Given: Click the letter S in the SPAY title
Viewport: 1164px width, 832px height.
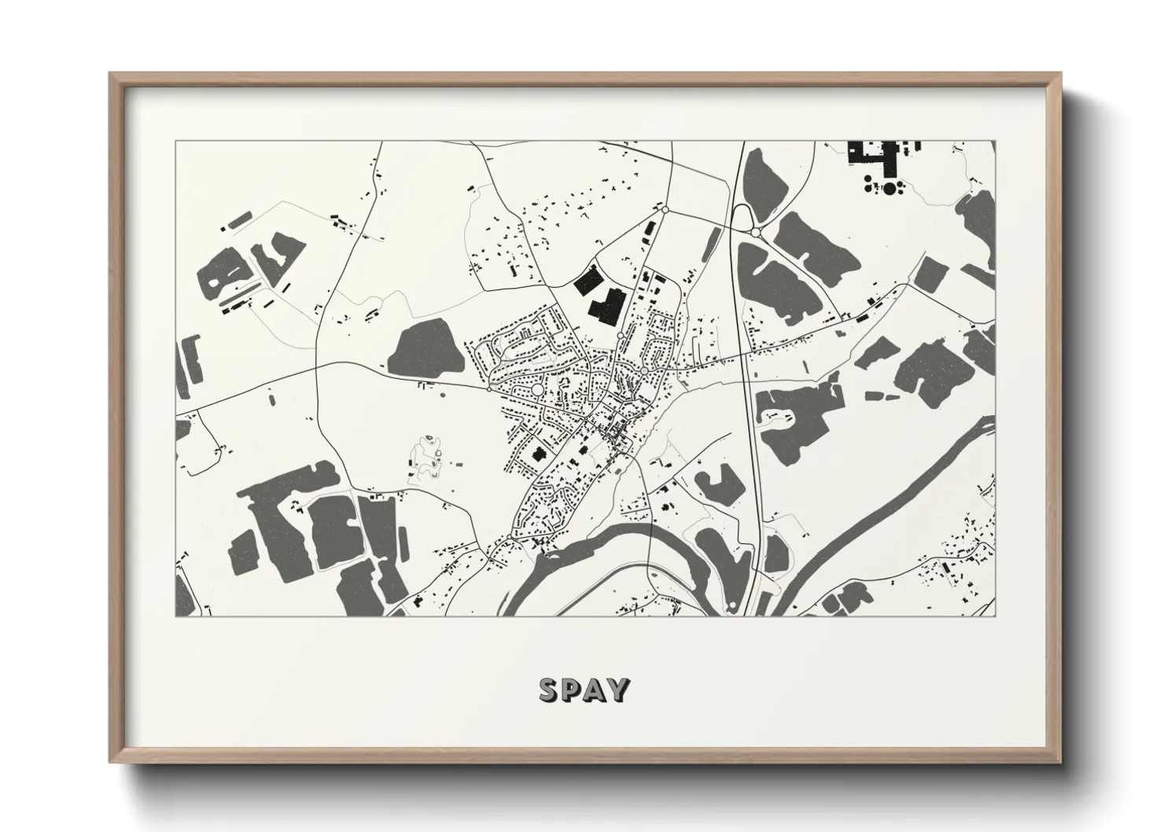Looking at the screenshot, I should coord(548,690).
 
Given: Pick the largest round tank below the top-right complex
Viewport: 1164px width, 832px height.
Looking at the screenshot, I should coord(890,188).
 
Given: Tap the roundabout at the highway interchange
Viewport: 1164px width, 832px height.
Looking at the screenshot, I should coord(755,233).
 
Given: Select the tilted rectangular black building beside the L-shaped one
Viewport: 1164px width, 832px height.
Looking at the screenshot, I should coord(586,281).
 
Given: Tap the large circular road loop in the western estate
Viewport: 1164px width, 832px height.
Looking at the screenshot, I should coord(538,390).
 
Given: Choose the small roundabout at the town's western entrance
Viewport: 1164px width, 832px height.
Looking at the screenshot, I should coord(489,388).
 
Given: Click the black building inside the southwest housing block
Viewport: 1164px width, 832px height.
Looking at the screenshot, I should coord(540,454).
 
